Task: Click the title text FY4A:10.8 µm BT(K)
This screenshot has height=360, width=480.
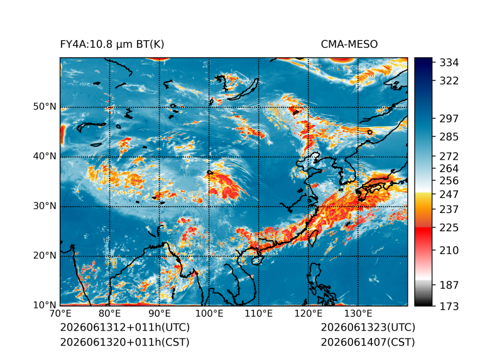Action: coord(112,45)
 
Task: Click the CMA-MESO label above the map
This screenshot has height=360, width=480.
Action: coord(349,45)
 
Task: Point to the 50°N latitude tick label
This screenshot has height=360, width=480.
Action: coord(45,107)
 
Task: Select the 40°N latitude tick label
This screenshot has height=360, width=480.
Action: coord(45,156)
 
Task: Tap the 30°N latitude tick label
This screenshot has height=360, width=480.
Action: coord(45,205)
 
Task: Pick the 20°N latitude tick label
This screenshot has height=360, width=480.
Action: coord(45,255)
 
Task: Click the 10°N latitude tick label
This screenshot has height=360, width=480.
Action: coord(45,305)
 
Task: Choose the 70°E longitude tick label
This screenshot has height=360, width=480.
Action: coord(60,314)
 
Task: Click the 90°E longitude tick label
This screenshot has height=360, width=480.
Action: coord(160,314)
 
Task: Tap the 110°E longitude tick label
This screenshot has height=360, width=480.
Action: coord(259,314)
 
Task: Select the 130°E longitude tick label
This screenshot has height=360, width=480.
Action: coord(358,314)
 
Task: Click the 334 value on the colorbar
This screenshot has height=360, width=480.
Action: coord(449,63)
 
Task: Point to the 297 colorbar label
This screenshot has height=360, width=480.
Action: coord(449,119)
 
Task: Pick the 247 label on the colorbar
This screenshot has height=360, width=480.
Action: coord(449,194)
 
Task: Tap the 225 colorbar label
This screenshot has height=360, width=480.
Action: coord(449,228)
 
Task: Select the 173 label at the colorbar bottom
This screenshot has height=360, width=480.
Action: coord(449,306)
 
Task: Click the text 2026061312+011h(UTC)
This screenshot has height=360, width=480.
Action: coord(125,327)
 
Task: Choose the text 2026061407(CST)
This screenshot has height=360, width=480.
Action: coord(368,342)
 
